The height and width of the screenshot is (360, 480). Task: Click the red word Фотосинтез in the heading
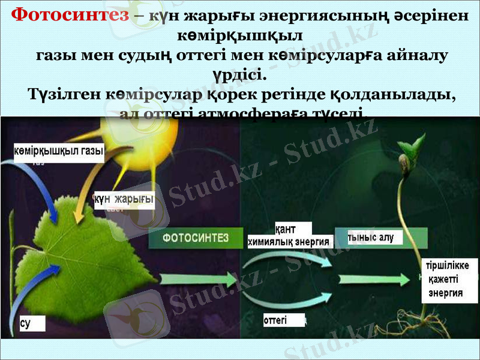70,14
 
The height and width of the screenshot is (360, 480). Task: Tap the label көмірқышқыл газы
58,151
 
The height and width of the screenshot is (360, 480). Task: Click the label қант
293,229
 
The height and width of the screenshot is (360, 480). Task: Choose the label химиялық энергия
290,241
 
